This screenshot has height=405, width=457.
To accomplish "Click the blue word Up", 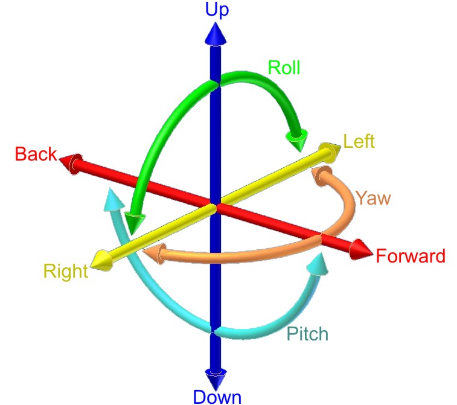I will pos(217,10).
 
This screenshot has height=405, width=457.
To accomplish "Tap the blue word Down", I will pos(217,396).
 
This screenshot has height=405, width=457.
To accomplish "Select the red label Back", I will pos(36,154).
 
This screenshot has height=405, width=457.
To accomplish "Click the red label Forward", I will pos(411,256).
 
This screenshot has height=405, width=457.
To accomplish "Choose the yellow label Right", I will pos(66,271).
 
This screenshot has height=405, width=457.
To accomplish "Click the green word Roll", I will pos(284,68).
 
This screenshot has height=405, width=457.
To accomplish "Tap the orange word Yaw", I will pos(373,197).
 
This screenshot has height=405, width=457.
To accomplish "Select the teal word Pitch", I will pos(307,334).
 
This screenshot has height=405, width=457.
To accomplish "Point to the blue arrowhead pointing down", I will pos(215,378).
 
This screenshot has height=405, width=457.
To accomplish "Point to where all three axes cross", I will pos(214,206).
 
